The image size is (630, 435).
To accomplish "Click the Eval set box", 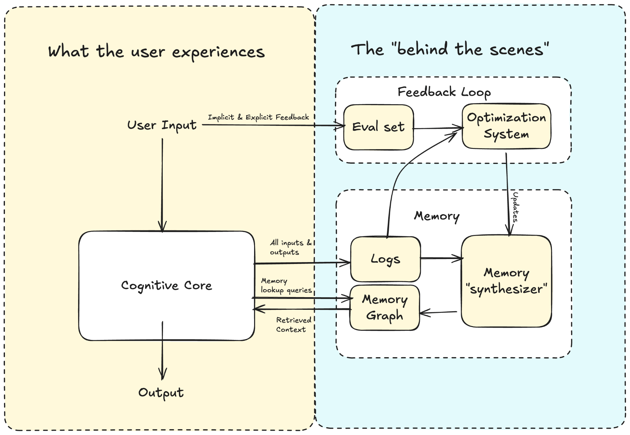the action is click(x=378, y=127).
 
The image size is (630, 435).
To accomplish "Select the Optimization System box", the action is click(x=506, y=126).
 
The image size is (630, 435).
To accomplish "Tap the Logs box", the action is click(x=385, y=259).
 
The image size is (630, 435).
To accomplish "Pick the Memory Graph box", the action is click(x=385, y=308).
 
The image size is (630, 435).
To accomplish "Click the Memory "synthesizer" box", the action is click(x=506, y=281).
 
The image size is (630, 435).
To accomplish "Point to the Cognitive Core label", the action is click(x=166, y=286).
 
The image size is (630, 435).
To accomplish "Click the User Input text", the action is click(x=162, y=126).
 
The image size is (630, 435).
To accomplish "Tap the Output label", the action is click(x=161, y=393).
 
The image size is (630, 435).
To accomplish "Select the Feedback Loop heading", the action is click(x=444, y=92).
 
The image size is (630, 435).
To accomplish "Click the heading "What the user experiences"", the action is click(x=156, y=52).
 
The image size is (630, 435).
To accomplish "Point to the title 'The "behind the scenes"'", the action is click(x=450, y=49).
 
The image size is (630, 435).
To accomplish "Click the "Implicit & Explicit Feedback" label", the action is click(x=258, y=117).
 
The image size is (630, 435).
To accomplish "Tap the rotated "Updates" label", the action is click(x=515, y=207).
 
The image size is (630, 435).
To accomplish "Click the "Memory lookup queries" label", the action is click(x=286, y=285).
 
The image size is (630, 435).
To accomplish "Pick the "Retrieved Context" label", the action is click(x=294, y=325).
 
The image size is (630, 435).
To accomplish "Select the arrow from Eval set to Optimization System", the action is click(x=438, y=128).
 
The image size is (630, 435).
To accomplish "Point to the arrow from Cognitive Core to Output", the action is click(x=162, y=351).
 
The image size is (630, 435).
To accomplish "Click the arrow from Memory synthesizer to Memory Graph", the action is click(x=438, y=313).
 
